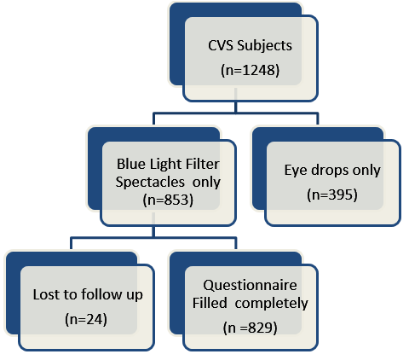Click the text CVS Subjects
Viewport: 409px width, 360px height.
click(x=250, y=46)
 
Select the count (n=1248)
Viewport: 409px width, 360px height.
click(x=250, y=70)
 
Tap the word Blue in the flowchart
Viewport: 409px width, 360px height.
click(x=131, y=164)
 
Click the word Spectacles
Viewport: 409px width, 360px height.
click(x=150, y=183)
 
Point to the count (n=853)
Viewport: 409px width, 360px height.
click(x=168, y=200)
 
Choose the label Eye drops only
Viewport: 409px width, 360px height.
click(x=332, y=171)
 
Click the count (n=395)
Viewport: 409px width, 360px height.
click(x=332, y=195)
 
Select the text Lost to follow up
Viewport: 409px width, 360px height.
click(x=88, y=294)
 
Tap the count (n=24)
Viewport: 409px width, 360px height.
click(x=86, y=319)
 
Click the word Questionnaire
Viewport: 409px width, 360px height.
click(x=250, y=285)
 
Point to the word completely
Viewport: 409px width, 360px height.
click(x=271, y=304)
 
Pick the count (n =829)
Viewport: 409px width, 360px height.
click(x=250, y=328)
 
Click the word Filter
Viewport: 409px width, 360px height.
click(x=203, y=164)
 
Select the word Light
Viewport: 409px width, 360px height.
click(x=165, y=165)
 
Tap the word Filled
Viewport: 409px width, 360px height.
click(x=210, y=303)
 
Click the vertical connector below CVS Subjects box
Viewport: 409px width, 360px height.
click(x=235, y=101)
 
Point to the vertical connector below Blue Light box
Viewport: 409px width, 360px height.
click(x=153, y=225)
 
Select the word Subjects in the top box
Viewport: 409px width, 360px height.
click(x=265, y=46)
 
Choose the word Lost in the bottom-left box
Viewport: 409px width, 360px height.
click(x=45, y=294)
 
